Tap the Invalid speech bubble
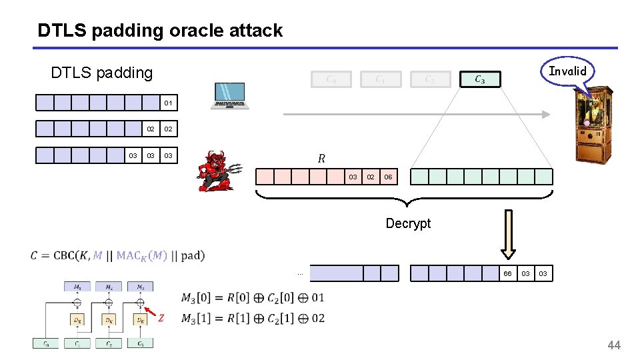[x=567, y=71]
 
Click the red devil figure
[x=219, y=171]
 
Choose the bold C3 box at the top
[x=479, y=79]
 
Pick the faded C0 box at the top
[x=331, y=79]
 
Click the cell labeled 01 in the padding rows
[x=168, y=103]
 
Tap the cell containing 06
[x=388, y=177]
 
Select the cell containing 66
[x=507, y=273]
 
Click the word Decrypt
[x=408, y=223]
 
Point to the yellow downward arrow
[x=509, y=234]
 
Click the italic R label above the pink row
[x=321, y=159]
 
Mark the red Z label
[x=160, y=318]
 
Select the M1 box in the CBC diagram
[x=77, y=287]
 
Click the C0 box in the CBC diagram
[x=45, y=343]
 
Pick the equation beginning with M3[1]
[x=253, y=318]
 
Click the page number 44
[x=613, y=345]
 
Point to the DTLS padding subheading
[x=102, y=73]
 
